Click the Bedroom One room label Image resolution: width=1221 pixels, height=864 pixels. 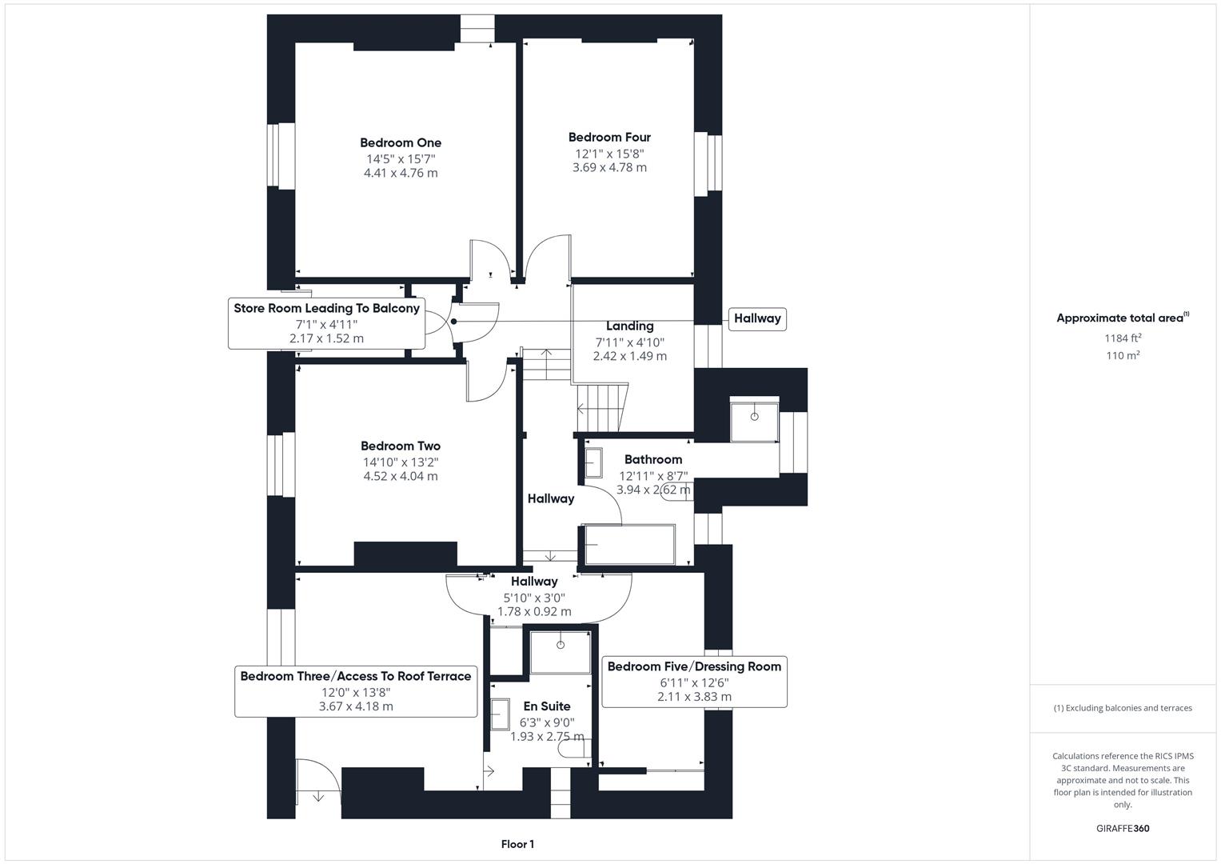(401, 143)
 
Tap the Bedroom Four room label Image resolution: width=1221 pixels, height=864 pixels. (609, 138)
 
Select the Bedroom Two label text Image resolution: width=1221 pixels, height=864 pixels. (401, 446)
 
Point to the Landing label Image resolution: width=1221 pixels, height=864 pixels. (630, 326)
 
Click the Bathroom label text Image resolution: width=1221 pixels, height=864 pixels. (653, 460)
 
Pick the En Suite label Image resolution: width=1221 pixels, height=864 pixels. (547, 706)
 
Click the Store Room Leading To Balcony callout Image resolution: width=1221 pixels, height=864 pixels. (326, 323)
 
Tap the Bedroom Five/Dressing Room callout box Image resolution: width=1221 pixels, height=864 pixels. (694, 682)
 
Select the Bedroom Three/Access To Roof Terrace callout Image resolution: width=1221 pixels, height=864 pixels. (356, 691)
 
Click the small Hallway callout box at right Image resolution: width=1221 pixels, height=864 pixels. (757, 318)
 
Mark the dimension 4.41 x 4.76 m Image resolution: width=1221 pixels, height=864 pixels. (401, 173)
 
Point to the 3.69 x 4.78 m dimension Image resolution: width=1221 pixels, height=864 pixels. (609, 168)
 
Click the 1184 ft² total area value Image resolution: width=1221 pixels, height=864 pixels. (1123, 338)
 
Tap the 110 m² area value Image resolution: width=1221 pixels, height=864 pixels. (1123, 356)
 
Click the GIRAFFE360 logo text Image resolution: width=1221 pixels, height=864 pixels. (1123, 829)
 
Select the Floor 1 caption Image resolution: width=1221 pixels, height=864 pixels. (517, 845)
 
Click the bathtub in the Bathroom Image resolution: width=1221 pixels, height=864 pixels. (630, 545)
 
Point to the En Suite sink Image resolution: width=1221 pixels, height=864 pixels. (501, 714)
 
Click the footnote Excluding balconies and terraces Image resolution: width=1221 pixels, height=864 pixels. (1123, 708)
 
